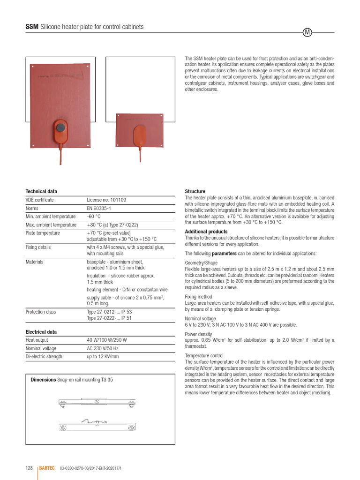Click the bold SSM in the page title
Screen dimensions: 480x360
(x=32, y=27)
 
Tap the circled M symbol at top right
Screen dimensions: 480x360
(x=307, y=32)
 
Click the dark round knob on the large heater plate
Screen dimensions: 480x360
(x=60, y=127)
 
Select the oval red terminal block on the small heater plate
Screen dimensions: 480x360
(x=140, y=135)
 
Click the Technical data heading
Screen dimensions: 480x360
(x=41, y=191)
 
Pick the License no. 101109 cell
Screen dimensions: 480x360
(x=106, y=200)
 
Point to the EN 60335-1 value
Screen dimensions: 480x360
(x=99, y=208)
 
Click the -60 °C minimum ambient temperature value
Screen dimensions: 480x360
(x=94, y=217)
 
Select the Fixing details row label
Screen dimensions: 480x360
(x=38, y=247)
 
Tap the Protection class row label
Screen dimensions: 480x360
(x=41, y=312)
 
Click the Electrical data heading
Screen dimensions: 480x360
(x=41, y=332)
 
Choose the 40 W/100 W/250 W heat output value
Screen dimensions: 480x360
(x=107, y=340)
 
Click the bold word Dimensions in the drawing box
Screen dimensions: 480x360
(x=43, y=380)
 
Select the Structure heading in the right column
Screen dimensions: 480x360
(x=195, y=191)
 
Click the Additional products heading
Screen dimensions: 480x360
(x=206, y=232)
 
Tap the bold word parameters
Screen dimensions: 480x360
(x=227, y=254)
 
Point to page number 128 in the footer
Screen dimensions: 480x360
(x=29, y=468)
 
